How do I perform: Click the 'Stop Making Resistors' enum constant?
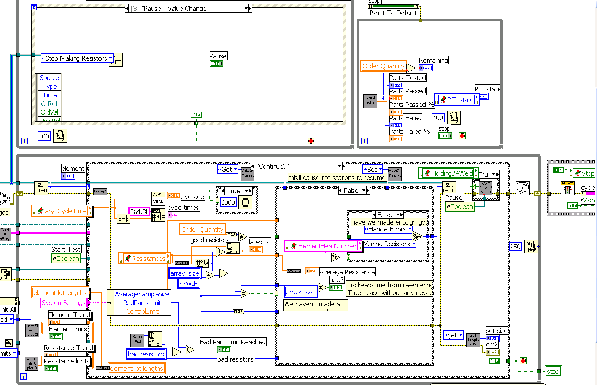(76, 58)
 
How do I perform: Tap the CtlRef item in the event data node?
(49, 103)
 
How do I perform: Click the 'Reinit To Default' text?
(393, 13)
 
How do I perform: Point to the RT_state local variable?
(457, 99)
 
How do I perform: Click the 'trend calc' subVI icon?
(371, 100)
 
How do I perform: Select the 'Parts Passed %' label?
(411, 105)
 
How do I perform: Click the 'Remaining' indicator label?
(433, 61)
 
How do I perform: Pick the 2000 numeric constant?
(228, 202)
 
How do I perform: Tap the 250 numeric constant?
(515, 247)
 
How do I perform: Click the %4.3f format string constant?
(140, 212)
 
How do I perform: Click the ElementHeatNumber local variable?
(323, 246)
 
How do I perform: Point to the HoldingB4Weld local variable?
(448, 173)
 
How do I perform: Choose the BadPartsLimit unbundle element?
(142, 303)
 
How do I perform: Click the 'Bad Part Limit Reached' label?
(233, 342)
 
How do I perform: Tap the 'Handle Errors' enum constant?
(387, 229)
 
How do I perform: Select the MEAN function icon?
(158, 198)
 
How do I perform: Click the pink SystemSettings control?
(64, 303)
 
